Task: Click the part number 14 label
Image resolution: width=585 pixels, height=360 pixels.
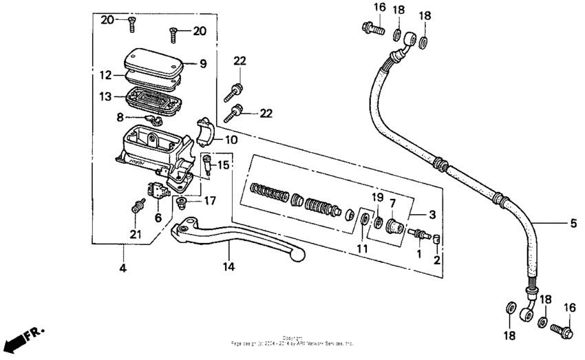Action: point(228,266)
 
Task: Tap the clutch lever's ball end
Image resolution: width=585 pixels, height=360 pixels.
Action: point(298,254)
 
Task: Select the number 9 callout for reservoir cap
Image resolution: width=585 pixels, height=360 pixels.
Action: point(203,64)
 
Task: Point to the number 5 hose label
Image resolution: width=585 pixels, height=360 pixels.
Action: point(573,222)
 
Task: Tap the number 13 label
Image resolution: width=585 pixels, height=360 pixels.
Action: point(105,97)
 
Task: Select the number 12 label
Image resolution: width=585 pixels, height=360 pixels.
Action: point(105,74)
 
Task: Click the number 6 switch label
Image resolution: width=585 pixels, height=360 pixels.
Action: point(158,217)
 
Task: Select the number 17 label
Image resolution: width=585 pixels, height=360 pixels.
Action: point(210,202)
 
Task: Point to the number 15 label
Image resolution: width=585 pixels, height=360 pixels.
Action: point(223,165)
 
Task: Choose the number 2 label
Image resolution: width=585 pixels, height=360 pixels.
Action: point(436,260)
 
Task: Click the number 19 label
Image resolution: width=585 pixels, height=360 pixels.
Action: point(376,198)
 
